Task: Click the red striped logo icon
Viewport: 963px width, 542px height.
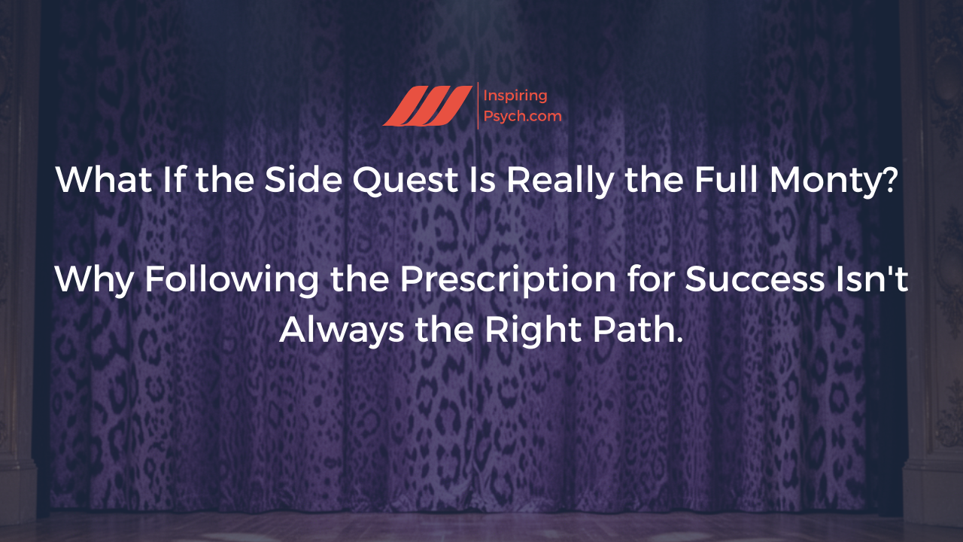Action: pos(426,106)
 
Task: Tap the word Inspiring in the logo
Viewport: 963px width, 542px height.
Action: pos(516,96)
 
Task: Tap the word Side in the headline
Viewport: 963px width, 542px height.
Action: pos(288,180)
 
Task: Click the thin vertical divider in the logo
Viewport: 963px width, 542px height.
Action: pos(478,106)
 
